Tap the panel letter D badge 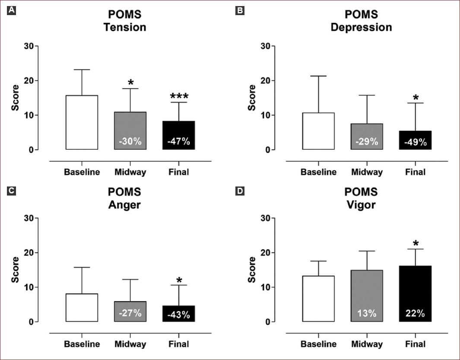coord(240,191)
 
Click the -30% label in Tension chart coord(130,142)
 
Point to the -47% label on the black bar coord(179,142)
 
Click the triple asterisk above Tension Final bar coord(179,96)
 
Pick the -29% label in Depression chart coord(367,142)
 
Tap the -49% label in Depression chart coord(415,142)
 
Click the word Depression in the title coord(361,27)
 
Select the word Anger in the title coord(125,204)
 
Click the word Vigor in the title coord(361,204)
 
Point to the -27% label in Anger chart coord(130,313)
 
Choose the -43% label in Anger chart coord(179,314)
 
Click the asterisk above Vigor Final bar coord(415,243)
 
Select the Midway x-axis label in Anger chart coord(130,344)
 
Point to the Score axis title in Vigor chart coord(252,270)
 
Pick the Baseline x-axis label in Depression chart coord(318,172)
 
